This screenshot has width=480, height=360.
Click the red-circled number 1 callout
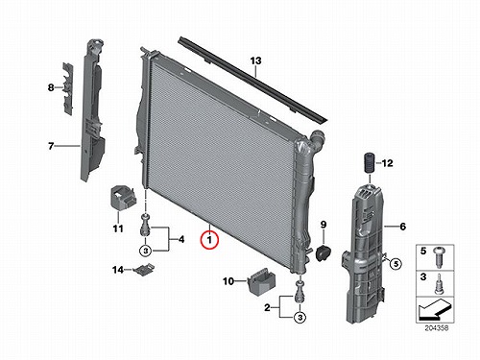pos(209,240)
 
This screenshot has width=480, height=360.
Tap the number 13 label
pos(255,60)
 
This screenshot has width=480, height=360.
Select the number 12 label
pos(387,163)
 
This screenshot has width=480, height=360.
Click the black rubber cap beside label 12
pos(370,163)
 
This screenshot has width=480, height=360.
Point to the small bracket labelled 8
pos(68,87)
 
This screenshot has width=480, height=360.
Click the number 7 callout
pos(51,146)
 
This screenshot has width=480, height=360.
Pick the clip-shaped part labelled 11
pos(123,199)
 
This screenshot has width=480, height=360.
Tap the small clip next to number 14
pos(143,270)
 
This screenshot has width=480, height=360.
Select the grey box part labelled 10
pos(261,281)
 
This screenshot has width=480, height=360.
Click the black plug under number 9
pos(323,252)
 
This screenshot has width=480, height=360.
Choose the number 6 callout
pos(402,227)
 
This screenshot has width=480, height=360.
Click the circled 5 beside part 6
pos(396,264)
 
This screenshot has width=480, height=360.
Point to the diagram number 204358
pos(437,328)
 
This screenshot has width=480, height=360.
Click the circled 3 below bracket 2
pos(300,318)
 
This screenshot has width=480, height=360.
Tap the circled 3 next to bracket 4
pos(146,251)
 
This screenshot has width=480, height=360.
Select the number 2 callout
pos(267,308)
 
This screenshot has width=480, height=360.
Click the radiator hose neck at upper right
pos(317,138)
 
